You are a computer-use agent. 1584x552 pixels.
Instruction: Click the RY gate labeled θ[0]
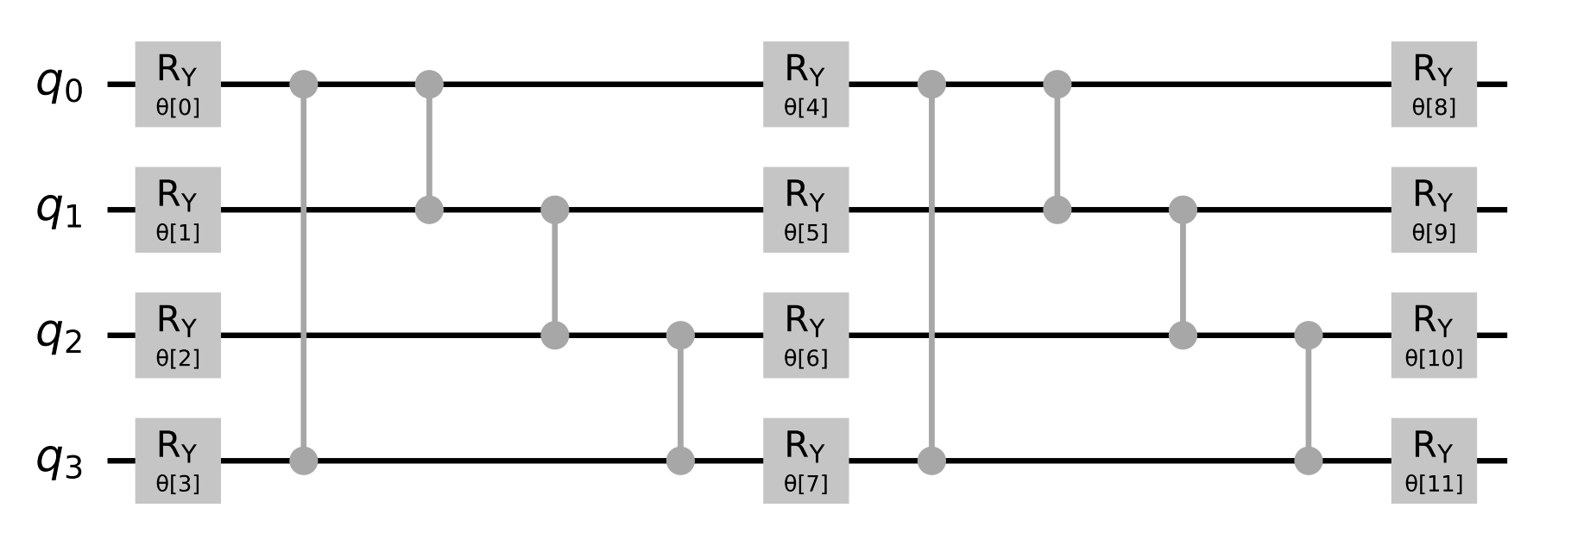point(178,85)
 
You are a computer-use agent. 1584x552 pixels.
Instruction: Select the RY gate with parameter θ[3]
point(178,461)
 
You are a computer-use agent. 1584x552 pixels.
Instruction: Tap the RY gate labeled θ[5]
point(805,210)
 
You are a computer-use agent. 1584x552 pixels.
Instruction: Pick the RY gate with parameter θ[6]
point(805,336)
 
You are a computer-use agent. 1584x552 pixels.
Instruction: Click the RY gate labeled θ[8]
point(1433,85)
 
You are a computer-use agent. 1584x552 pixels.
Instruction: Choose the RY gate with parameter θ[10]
point(1433,336)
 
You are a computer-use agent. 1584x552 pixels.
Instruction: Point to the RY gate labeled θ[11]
point(1433,461)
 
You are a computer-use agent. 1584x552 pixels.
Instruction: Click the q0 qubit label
point(59,85)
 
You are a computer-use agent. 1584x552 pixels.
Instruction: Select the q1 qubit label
point(59,210)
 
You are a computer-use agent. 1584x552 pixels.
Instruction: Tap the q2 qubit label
point(59,336)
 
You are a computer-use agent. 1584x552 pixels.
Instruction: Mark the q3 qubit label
point(59,461)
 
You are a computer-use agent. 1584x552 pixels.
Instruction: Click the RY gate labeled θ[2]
point(178,336)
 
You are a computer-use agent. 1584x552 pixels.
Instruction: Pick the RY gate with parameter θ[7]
point(805,461)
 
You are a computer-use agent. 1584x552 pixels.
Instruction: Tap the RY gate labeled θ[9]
point(1433,210)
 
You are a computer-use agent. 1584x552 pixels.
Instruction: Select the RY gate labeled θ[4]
point(805,85)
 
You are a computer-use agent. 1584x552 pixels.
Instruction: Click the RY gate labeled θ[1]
point(178,210)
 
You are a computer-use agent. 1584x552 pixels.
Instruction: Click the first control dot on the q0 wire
point(303,85)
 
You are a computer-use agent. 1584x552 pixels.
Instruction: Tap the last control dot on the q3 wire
point(1309,461)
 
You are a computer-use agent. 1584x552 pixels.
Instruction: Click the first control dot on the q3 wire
point(303,461)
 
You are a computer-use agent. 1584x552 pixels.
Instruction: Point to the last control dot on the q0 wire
point(1057,85)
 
